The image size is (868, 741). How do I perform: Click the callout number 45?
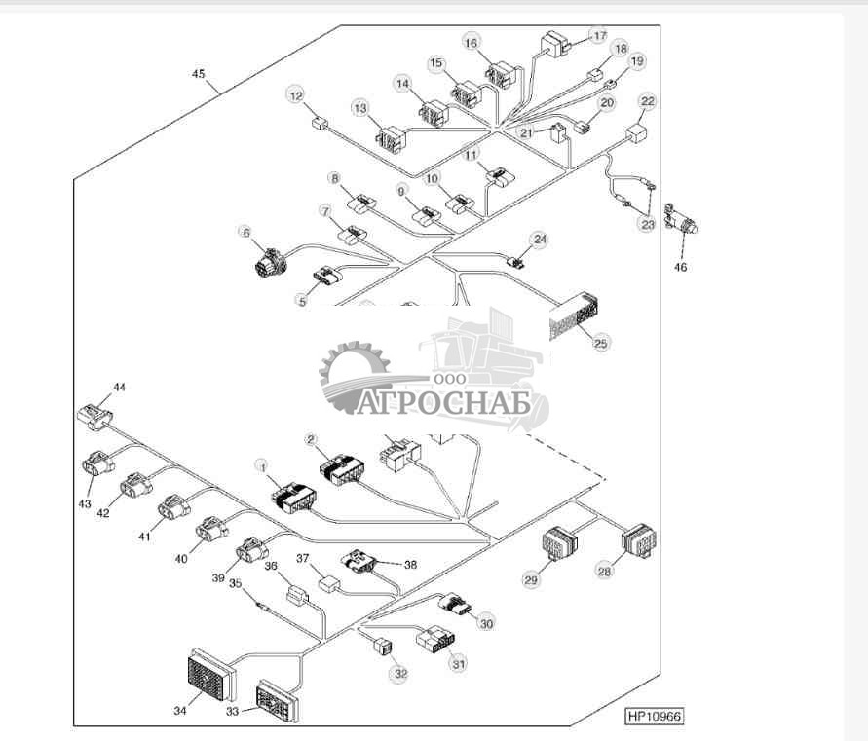[199, 73]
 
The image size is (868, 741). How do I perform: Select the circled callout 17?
[598, 34]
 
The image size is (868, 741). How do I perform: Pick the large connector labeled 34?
[209, 675]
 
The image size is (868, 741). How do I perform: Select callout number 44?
[119, 387]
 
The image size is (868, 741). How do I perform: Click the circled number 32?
[398, 672]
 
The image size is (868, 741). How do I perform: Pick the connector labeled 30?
[456, 607]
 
